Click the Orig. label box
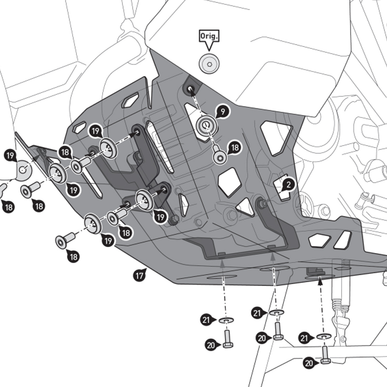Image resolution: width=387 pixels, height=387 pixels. pos(209,36)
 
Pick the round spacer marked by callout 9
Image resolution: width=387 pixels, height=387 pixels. pos(206,126)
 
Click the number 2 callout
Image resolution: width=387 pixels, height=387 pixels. pos(288,184)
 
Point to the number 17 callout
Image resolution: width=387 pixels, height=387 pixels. pos(139,276)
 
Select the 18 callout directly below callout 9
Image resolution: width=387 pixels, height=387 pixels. pos(235,148)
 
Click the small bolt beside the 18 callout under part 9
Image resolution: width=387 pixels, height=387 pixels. pos(221,156)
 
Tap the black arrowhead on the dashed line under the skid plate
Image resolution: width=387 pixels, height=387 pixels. pos(320,279)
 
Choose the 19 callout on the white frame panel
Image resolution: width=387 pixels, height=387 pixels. pos(10,155)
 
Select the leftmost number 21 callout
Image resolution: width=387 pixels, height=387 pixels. pos(207,319)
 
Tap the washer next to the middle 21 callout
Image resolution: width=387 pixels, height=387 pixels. pos(277,313)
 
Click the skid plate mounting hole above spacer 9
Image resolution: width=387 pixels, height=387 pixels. pos(190,88)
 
